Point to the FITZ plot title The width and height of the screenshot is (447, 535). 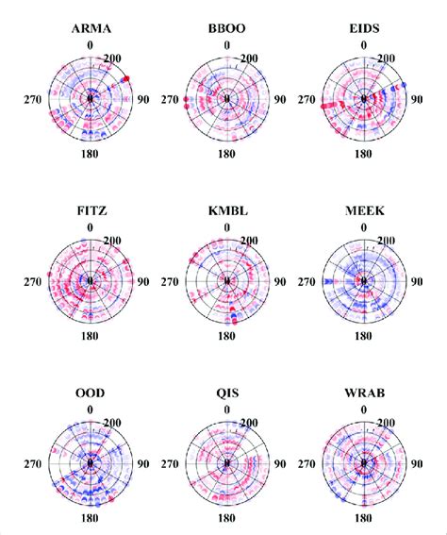91,212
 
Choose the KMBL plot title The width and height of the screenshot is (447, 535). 227,212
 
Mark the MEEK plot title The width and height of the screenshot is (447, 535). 364,212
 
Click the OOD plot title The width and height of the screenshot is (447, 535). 91,395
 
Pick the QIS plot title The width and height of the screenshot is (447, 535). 227,395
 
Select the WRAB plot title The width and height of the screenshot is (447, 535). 364,395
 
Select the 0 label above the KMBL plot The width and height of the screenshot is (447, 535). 227,227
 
